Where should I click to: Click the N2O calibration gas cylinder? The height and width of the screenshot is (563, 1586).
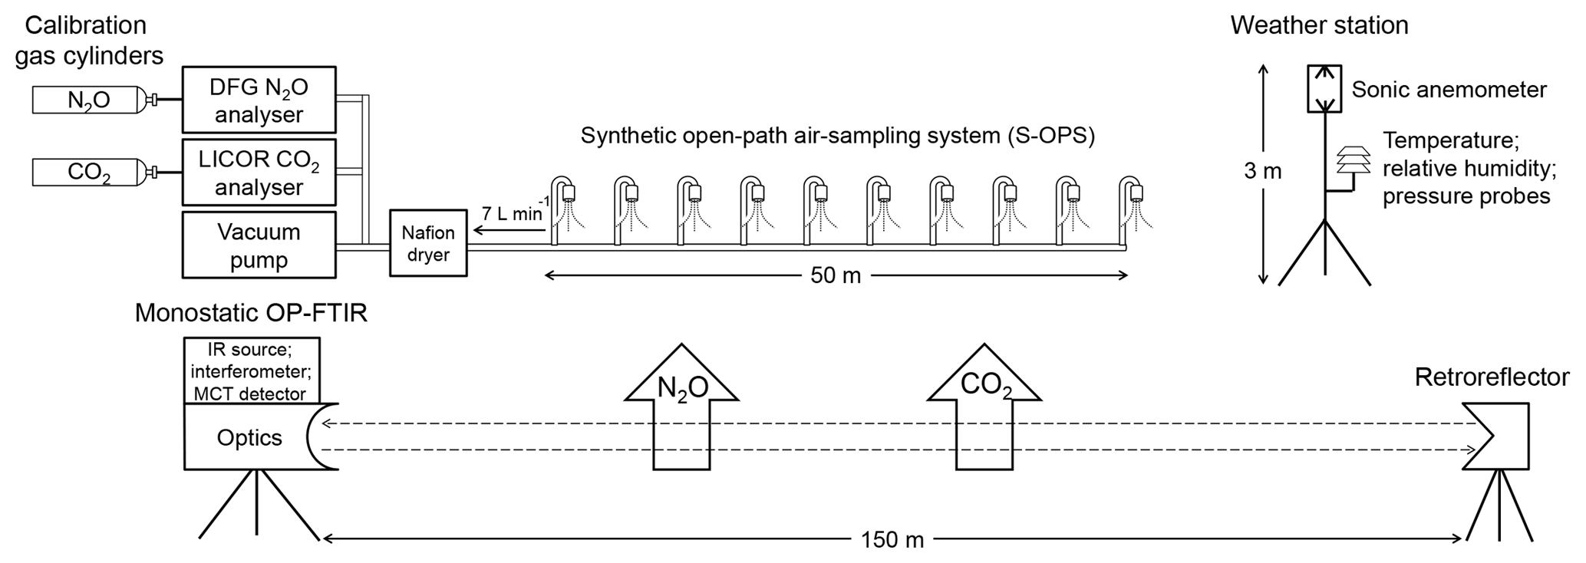point(89,100)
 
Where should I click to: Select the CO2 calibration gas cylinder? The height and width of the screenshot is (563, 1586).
point(89,173)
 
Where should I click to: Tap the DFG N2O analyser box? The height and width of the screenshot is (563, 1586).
point(259,100)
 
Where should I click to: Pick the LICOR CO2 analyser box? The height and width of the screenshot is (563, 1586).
point(259,173)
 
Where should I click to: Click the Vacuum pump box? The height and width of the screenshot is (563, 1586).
point(259,245)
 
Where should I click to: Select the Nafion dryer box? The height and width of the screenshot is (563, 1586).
point(428,243)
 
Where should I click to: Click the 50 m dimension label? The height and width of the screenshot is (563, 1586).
point(836,275)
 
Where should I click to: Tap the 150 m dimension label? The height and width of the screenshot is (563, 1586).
point(892,540)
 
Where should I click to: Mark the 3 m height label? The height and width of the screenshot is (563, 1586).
point(1263,171)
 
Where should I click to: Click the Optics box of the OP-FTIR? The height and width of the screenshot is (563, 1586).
point(249,437)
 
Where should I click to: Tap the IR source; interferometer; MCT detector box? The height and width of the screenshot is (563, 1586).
point(251,371)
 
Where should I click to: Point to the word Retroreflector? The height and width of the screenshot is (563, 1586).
point(1492,377)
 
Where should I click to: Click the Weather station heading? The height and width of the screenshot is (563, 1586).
point(1319,25)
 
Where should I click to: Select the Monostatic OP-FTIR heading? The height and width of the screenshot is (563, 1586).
point(251,313)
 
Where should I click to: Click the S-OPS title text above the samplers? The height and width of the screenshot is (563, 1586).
point(837,136)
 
